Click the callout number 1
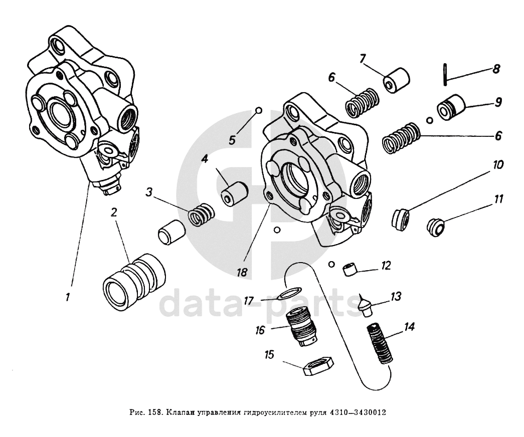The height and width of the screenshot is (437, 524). click(67, 297)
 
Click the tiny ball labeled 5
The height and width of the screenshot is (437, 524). click(259, 110)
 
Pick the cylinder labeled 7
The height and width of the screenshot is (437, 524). click(398, 80)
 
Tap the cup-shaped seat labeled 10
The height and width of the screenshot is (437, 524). click(401, 221)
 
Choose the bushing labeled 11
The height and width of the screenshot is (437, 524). click(436, 227)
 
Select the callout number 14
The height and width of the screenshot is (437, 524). click(410, 327)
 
